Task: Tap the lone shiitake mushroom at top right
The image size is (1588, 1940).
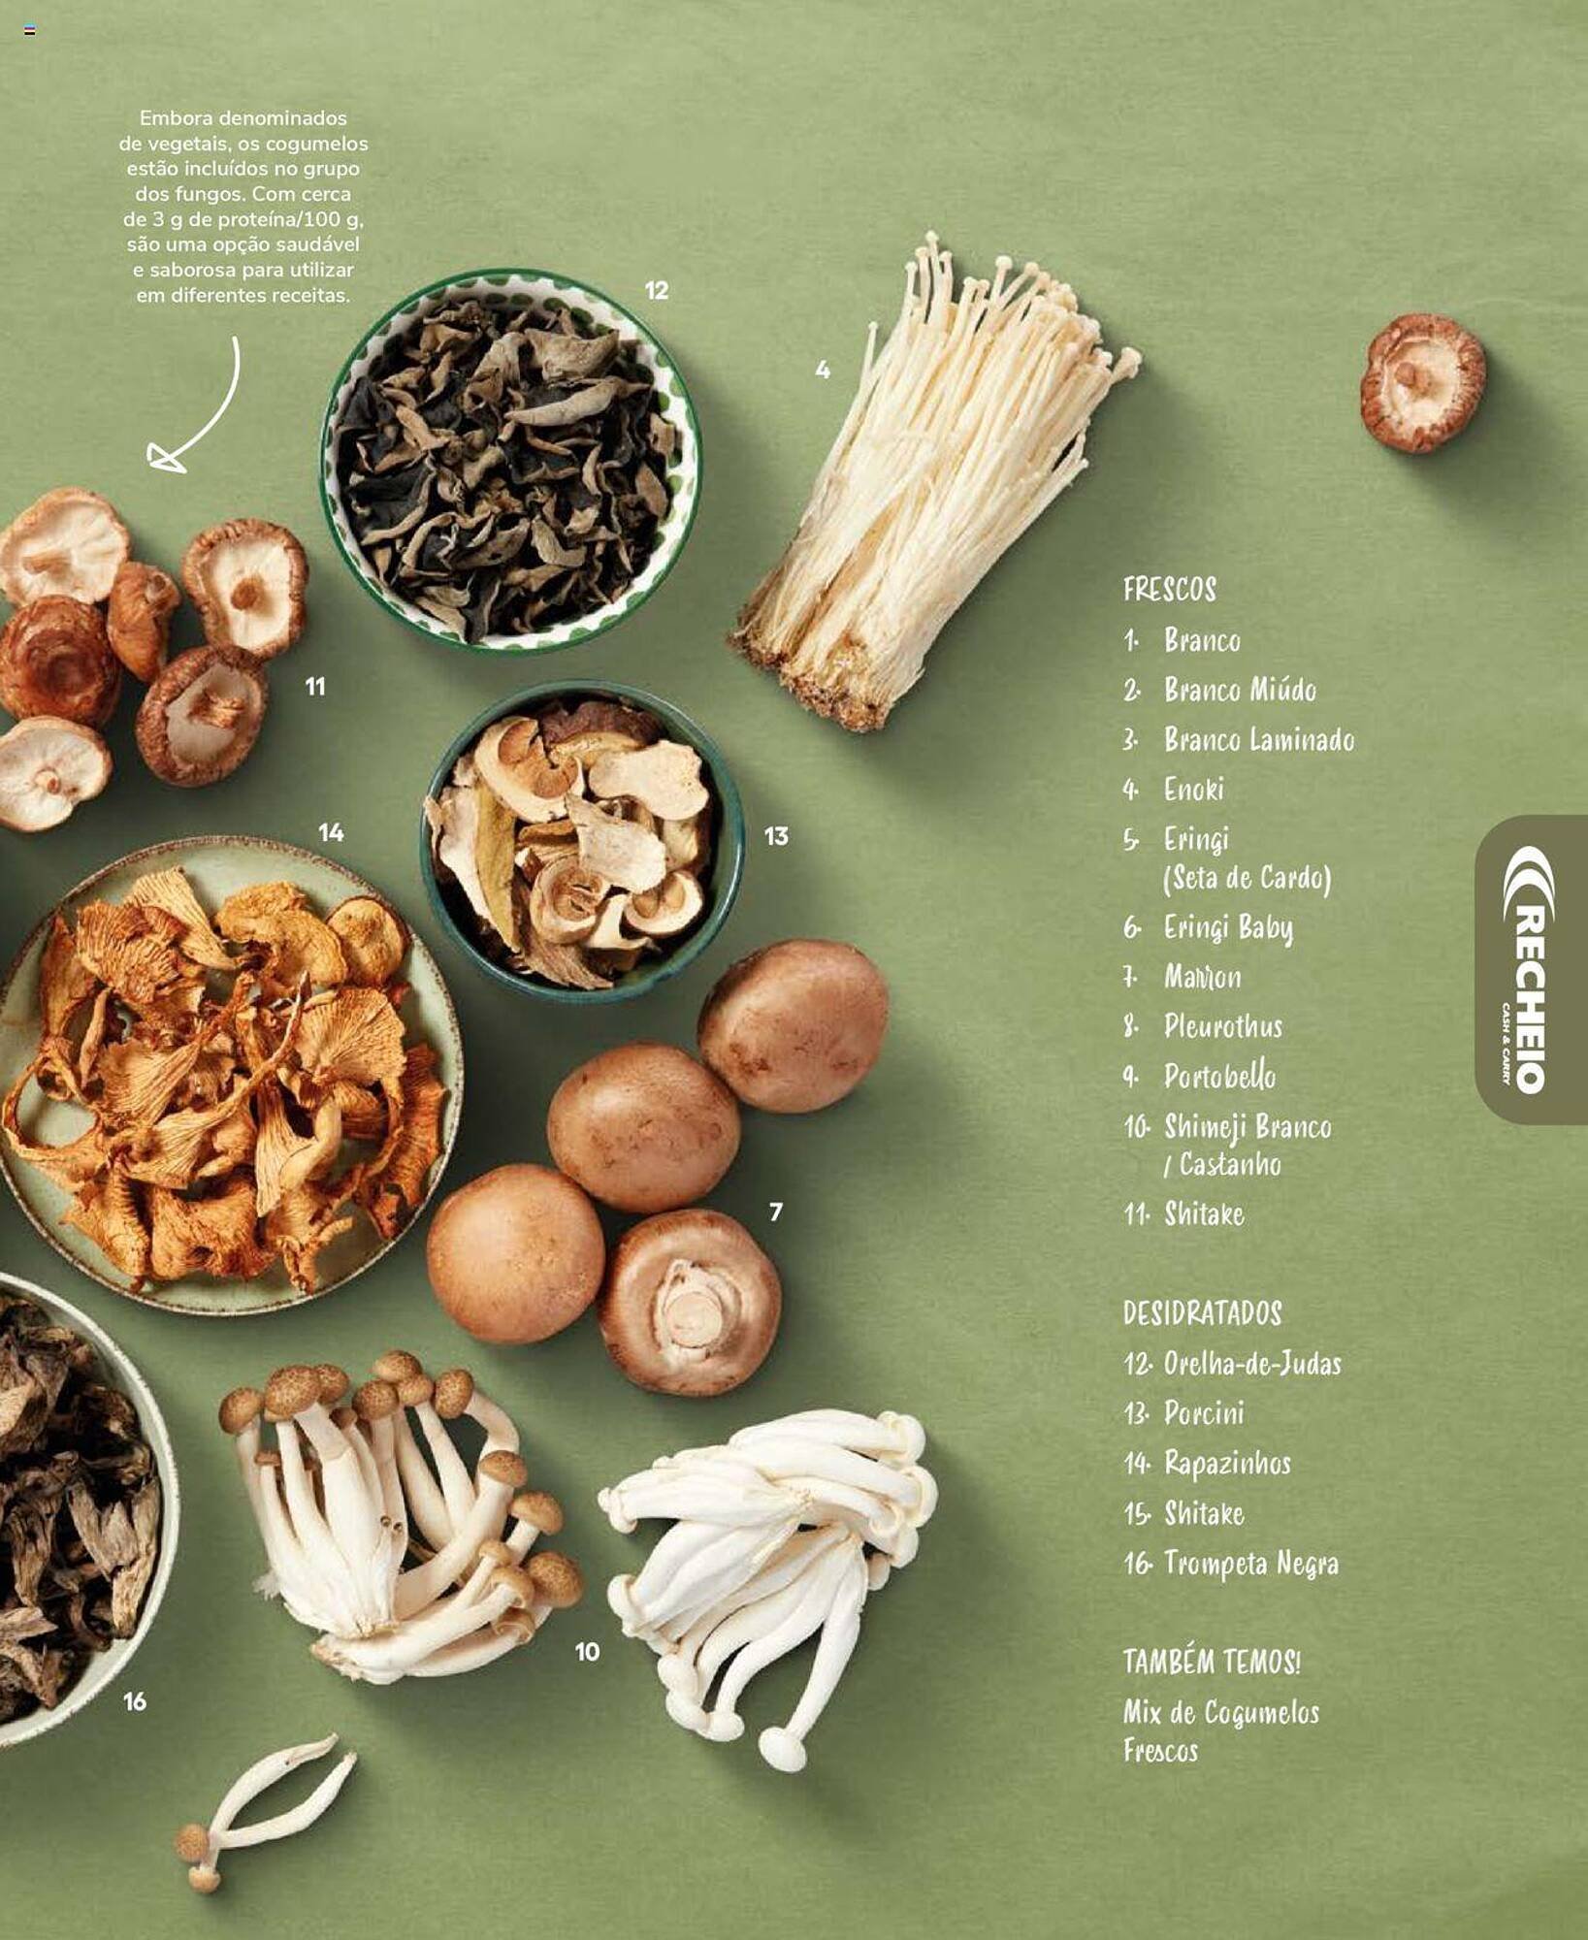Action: (x=1422, y=382)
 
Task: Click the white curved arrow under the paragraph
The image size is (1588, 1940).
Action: (x=199, y=407)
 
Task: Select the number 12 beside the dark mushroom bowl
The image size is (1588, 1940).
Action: (x=657, y=290)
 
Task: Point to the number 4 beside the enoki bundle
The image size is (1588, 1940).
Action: (x=823, y=370)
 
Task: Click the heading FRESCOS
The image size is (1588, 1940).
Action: (x=1169, y=589)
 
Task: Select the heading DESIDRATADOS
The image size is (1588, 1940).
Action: (x=1202, y=1313)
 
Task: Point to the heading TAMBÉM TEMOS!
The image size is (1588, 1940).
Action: (x=1212, y=1663)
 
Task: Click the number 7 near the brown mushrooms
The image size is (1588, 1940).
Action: (x=775, y=1212)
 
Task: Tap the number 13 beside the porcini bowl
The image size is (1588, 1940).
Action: (x=776, y=836)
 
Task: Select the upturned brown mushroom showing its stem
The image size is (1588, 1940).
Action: (x=688, y=1302)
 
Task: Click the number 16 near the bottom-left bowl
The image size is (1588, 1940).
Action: (x=135, y=1701)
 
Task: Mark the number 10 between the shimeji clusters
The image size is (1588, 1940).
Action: (x=587, y=1652)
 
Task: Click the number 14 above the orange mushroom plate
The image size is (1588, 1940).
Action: (x=331, y=832)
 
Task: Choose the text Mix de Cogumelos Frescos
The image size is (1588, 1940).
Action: (x=1221, y=1732)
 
